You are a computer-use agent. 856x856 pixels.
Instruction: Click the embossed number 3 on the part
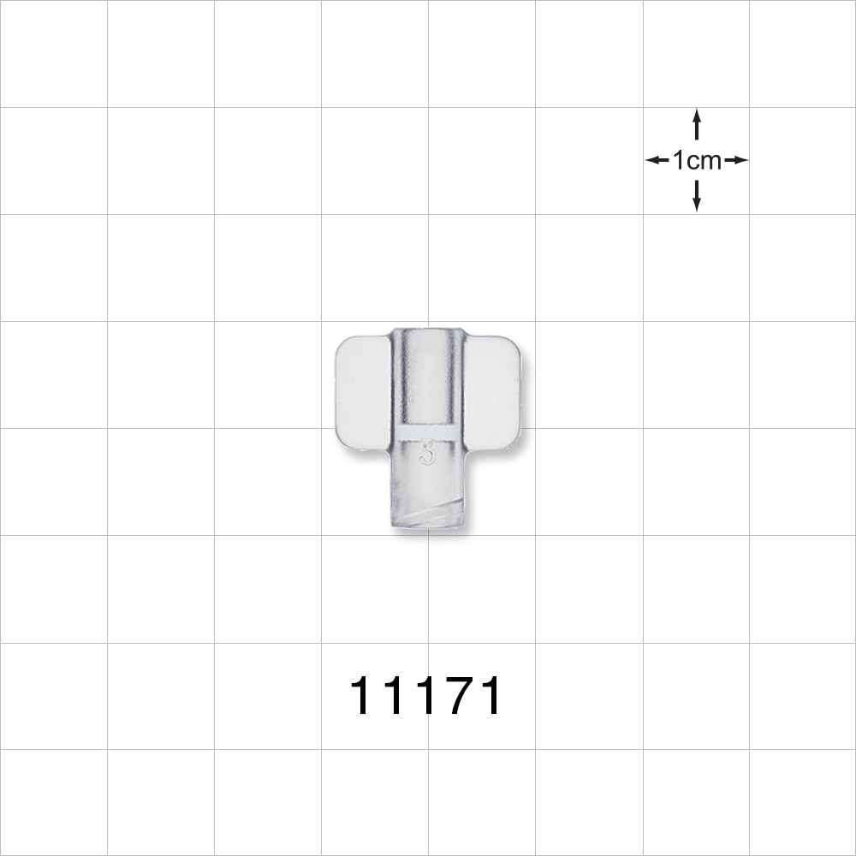427,452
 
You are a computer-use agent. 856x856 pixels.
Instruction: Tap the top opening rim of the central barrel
428,330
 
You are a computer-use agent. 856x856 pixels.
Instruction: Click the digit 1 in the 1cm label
679,160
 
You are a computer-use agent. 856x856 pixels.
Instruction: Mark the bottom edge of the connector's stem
428,530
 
